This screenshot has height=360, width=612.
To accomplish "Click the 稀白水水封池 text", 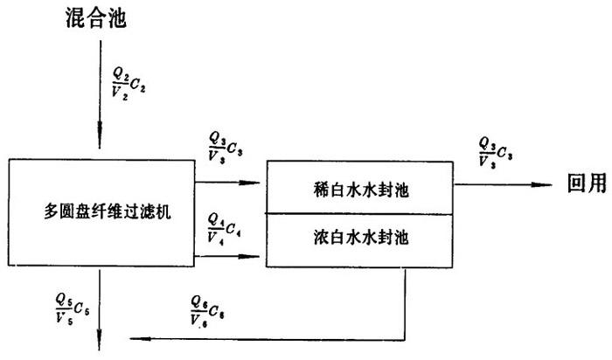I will coord(358,190).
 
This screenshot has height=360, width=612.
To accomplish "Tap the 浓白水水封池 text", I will coord(358,236).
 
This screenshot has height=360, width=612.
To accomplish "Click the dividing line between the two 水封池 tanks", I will coord(358,214).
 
